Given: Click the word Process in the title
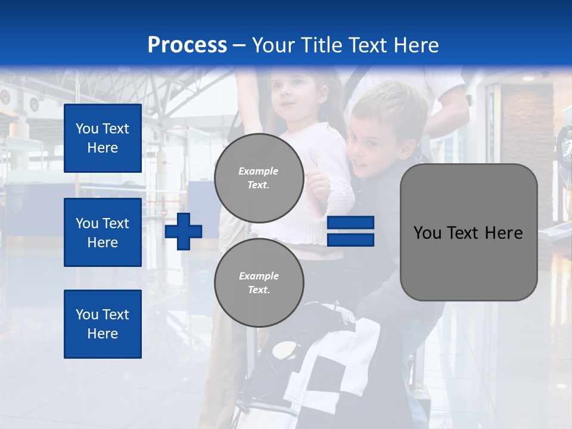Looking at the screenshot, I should tap(187, 45).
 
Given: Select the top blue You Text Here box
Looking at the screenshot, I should tap(102, 138).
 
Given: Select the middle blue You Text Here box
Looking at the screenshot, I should tap(102, 232).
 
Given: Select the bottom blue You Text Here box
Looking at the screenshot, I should tap(102, 324).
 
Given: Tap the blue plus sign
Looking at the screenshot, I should tap(184, 231).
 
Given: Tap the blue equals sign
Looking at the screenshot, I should tap(350, 231).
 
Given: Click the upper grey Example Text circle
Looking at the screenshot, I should tap(259, 178).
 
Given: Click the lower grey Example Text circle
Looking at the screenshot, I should tap(259, 283).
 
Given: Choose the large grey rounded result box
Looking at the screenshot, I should tap(468, 232).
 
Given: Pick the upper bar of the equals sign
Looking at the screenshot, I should tap(350, 223).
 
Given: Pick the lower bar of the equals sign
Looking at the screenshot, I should tap(350, 240).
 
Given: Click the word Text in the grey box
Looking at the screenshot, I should tap(469, 233).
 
